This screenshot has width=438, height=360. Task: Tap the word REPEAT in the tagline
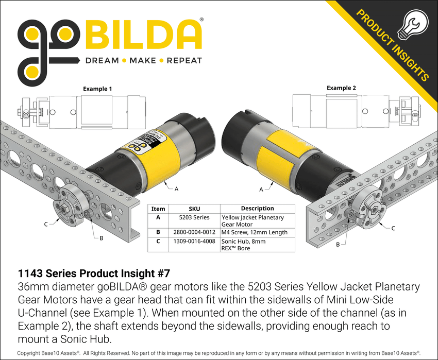[x=184, y=61]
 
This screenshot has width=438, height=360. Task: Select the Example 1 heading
[x=97, y=89]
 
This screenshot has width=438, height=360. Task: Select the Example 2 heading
[x=341, y=88]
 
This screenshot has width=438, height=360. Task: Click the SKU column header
[x=194, y=209]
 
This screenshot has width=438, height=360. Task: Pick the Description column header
[x=257, y=209]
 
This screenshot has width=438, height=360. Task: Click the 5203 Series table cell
[x=194, y=218]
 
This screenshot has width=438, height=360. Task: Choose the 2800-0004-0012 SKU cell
[x=194, y=232]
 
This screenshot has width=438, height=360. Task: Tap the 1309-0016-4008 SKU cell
[x=194, y=241]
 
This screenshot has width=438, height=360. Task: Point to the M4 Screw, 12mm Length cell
[x=254, y=232]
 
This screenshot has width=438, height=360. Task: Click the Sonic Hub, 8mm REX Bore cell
[x=244, y=245]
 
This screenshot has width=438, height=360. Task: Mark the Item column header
[x=158, y=209]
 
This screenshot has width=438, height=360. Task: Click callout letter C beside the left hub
[x=46, y=224]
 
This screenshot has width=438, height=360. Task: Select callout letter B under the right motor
[x=338, y=245]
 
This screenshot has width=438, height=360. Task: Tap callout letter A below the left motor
[x=176, y=189]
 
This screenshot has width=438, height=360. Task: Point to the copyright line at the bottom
[x=219, y=353]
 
